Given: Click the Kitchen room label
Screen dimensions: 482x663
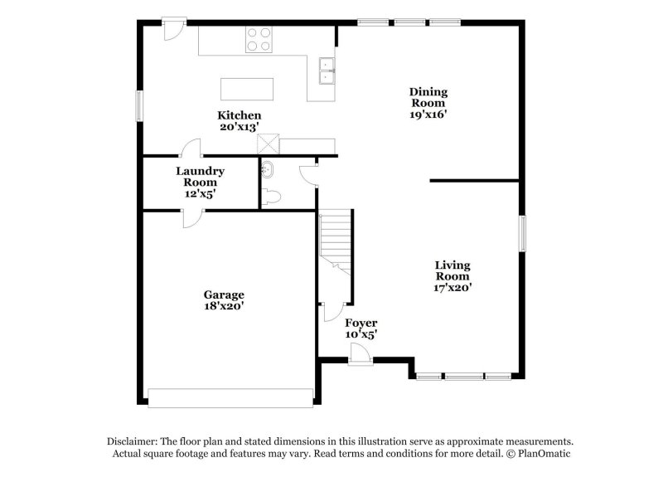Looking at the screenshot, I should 240,120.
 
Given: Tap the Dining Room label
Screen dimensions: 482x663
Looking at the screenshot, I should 428,103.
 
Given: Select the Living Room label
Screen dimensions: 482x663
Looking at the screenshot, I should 452,276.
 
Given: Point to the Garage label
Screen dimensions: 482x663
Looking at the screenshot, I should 224,299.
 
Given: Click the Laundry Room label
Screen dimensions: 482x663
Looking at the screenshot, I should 200,182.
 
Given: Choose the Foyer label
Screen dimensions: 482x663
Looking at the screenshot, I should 361,328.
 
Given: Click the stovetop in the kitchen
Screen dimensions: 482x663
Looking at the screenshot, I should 259,39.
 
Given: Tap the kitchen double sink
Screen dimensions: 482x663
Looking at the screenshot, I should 327,71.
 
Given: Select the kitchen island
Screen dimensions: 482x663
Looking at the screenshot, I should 246,89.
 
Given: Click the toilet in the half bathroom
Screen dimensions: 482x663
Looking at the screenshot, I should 271,197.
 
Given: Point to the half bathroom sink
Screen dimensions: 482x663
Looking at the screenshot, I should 267,170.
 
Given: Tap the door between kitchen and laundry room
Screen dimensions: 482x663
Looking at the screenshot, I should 191,147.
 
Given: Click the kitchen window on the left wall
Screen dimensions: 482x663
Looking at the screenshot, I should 140,107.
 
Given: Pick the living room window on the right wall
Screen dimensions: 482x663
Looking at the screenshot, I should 523,232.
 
